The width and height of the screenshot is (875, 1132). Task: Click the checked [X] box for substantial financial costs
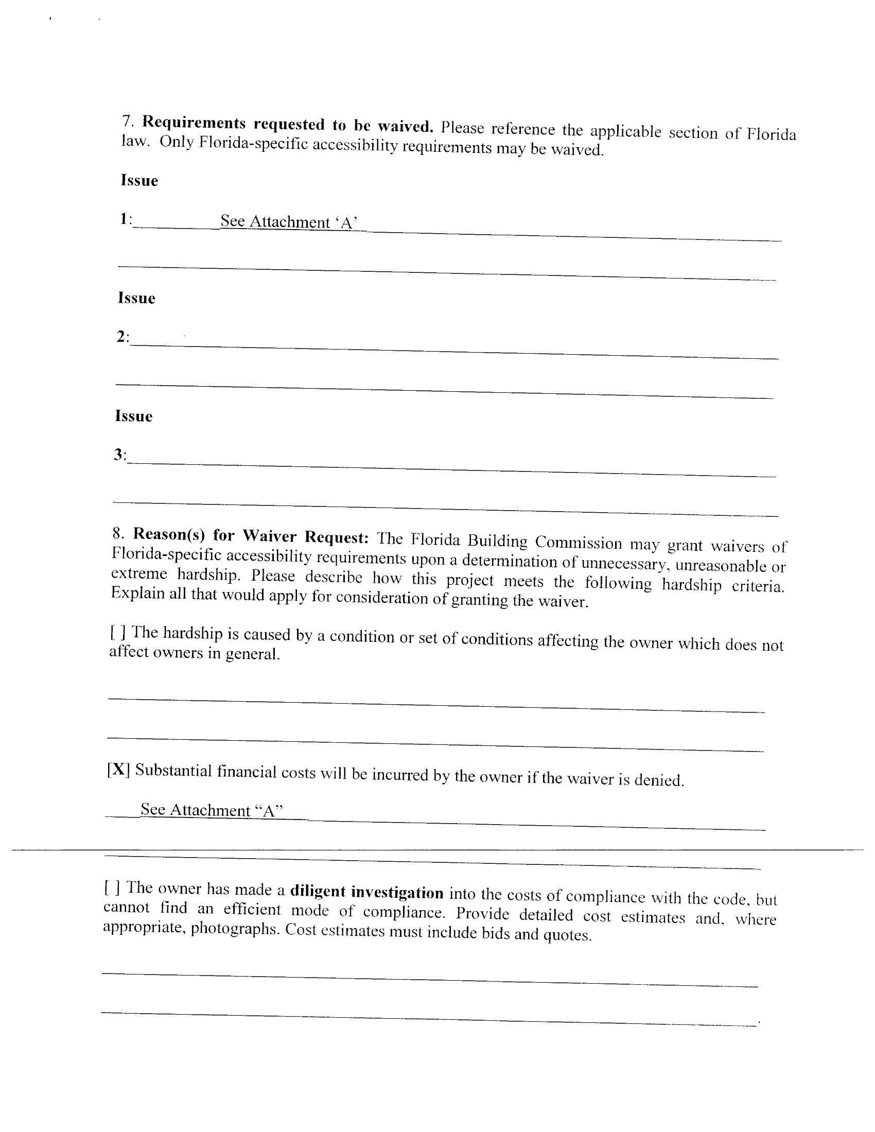click(119, 769)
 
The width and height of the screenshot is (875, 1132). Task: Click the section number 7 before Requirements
click(128, 121)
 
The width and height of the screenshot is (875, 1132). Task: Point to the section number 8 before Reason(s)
click(118, 533)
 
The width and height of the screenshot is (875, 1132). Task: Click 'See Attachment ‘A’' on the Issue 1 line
click(289, 222)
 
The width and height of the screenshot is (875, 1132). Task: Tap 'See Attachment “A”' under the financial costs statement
click(212, 810)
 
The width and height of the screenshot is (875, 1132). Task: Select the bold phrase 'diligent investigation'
click(366, 892)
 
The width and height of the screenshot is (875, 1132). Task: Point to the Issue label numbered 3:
click(120, 455)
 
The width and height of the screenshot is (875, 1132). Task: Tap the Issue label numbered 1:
click(126, 219)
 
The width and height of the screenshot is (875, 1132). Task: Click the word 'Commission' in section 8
click(578, 542)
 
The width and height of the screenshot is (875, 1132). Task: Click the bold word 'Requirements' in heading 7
click(194, 123)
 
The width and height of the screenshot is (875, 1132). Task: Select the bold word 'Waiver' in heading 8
click(270, 535)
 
